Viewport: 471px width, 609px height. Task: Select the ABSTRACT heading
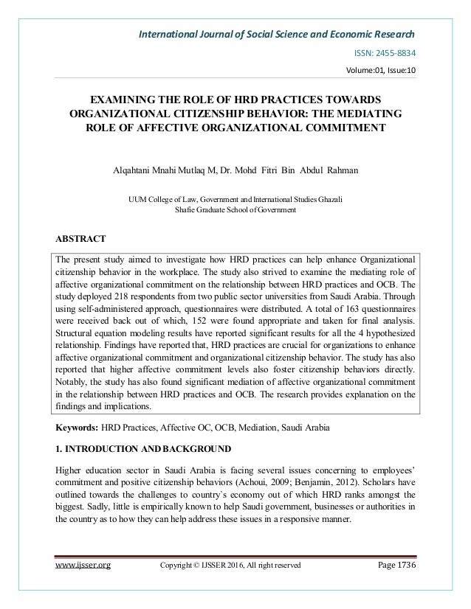tap(80, 238)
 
